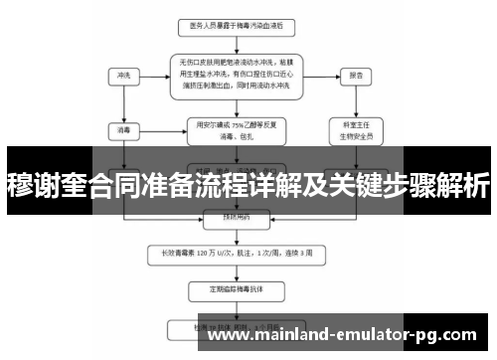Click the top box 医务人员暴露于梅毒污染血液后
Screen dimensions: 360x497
point(238,23)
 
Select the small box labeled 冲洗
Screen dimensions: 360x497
point(123,75)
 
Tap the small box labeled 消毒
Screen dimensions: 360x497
point(123,128)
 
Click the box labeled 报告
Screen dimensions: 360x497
point(354,75)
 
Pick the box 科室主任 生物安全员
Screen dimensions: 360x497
point(354,129)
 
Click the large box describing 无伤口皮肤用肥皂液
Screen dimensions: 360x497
point(238,75)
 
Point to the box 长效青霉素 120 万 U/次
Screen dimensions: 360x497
point(238,252)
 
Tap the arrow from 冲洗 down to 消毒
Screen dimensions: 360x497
point(123,101)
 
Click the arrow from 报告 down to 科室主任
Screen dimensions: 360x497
point(354,101)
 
